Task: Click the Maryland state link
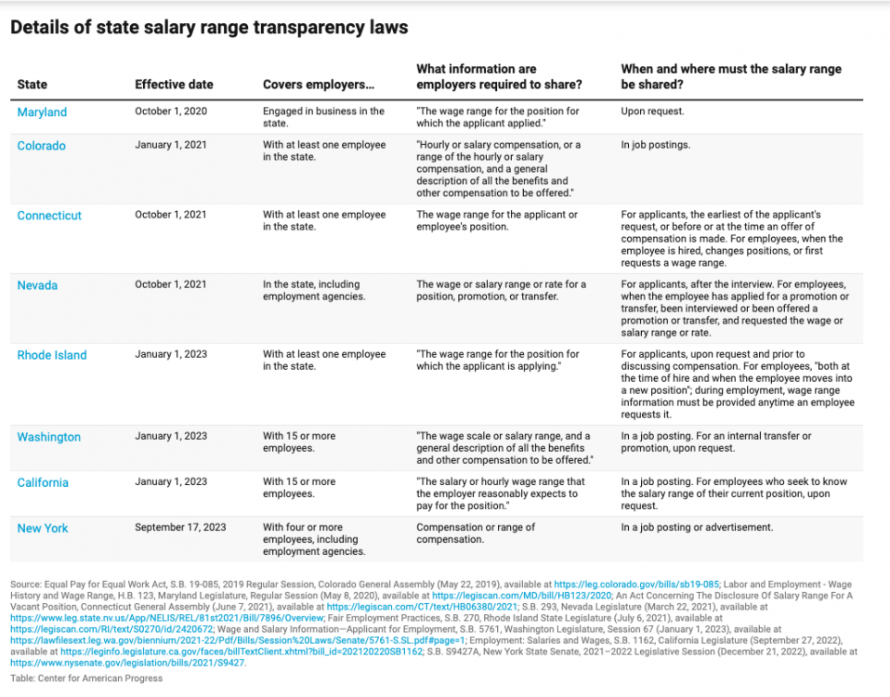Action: [x=42, y=112]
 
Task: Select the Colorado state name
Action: [x=41, y=146]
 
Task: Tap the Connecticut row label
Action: [x=49, y=216]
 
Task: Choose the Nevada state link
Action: [x=37, y=285]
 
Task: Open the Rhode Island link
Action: [x=52, y=355]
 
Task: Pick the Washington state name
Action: [x=48, y=437]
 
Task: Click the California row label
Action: [x=43, y=482]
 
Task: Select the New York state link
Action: [x=43, y=528]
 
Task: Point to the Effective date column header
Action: [x=174, y=85]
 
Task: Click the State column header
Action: [x=33, y=85]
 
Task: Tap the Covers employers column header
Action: [x=319, y=85]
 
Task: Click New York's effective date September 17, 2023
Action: [x=180, y=528]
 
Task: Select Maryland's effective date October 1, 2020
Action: [x=171, y=112]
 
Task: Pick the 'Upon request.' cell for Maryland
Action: [x=651, y=112]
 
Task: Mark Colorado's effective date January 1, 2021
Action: [x=171, y=145]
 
